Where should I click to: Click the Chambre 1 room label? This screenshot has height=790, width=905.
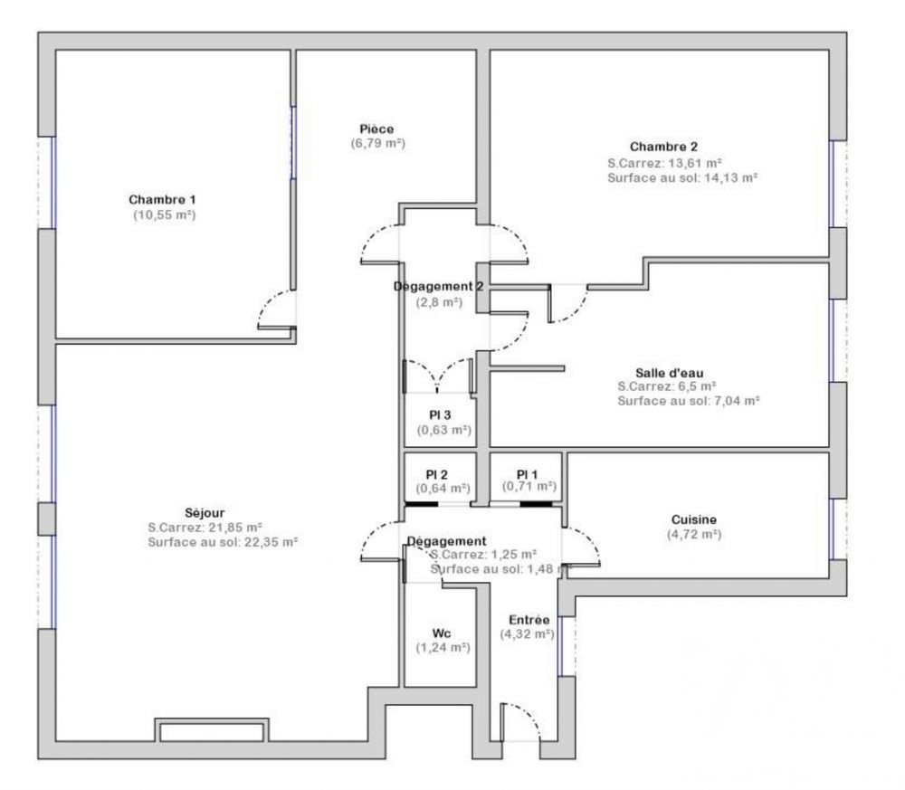point(162,199)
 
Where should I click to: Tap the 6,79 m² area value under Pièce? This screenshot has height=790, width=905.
point(377,144)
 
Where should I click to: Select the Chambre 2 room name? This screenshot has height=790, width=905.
point(663,147)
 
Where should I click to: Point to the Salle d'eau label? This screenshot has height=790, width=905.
point(669,371)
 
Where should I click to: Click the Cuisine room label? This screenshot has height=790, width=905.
point(694,519)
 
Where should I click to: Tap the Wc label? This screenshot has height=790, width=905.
point(443,633)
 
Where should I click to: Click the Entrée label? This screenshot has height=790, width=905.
point(529,620)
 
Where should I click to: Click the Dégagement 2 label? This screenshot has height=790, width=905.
point(439,286)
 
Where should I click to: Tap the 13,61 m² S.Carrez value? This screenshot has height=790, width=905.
point(694,163)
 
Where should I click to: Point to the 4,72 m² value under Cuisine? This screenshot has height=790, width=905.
point(693,534)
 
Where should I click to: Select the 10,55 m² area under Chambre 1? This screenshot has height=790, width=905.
point(164,214)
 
